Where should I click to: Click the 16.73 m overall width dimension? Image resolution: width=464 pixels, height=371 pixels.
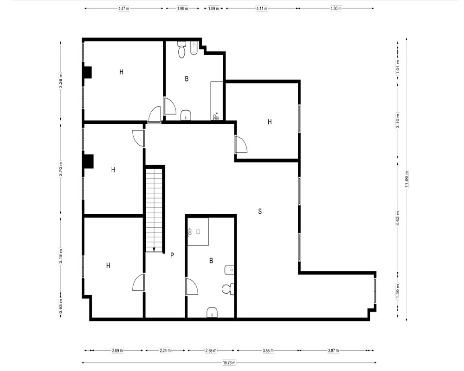pos(229,362)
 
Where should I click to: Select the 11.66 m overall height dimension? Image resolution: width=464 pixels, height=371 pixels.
pos(406,179)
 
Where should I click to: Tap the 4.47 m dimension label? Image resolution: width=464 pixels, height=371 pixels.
pos(124,9)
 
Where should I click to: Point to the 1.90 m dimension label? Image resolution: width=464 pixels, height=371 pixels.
pos(182,9)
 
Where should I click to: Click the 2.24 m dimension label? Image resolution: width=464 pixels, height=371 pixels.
pos(165,351)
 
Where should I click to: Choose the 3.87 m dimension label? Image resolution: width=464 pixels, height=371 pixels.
pos(334,351)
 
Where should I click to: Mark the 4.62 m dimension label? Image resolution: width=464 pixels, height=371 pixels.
pos(398,218)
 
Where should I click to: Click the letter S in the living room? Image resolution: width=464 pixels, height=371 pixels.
pos(260,211)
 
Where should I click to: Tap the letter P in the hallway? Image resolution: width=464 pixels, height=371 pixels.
pos(172,255)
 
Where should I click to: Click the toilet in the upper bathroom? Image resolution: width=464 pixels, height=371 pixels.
pos(181,50)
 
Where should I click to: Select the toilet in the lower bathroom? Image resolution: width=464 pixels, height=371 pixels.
pos(228,289)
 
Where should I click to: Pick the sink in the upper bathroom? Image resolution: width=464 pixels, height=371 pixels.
pos(186,115)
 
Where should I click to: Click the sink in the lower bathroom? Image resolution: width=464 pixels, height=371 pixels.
pos(212,313)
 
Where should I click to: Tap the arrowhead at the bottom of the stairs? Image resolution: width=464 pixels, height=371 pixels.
pos(154,249)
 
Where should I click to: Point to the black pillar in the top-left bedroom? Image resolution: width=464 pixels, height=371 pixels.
pos(87,72)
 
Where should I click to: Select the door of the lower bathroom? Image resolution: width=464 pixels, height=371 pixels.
pos(191,287)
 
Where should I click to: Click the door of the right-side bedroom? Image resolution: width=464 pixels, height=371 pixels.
pos(241,144)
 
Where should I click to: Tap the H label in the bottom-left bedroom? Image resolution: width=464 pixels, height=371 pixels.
pos(108,265)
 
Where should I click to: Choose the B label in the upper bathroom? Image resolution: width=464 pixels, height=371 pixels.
pos(187,79)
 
